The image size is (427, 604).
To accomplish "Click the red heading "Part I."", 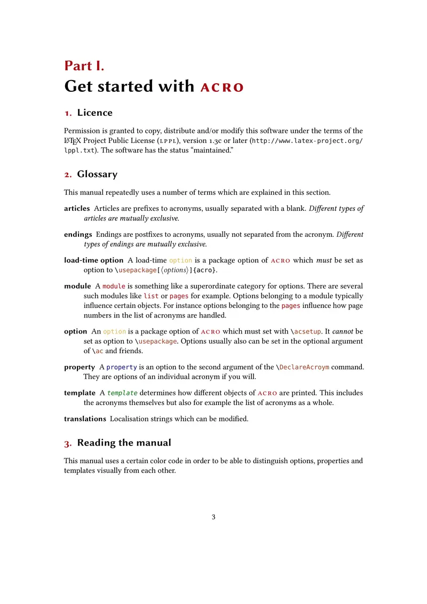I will point(84,66).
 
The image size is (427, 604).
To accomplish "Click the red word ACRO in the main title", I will point(222,87).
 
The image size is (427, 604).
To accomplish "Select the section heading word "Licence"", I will point(95,113).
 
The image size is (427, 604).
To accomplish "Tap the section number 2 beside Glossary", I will point(68,174).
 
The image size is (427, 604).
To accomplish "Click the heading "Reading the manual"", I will point(124,443).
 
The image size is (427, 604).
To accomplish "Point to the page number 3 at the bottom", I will point(213,516).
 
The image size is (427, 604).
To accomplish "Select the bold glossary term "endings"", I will point(78,235).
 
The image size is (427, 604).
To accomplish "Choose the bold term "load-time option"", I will point(93,260).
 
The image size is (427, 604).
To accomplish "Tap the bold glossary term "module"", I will point(77,287).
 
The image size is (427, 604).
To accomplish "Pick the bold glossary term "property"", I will point(80,368).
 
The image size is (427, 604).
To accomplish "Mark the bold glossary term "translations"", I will point(85,419).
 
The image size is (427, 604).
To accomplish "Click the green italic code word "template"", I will point(122,393).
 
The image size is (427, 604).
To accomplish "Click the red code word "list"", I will point(151,296).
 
